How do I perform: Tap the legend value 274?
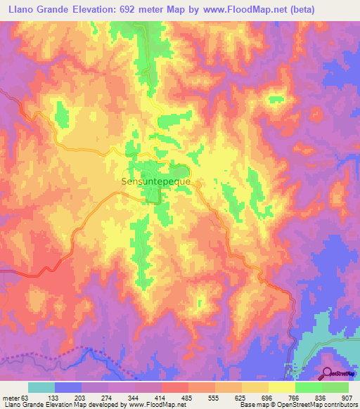pyautogui.click(x=108, y=397)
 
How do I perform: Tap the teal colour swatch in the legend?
pyautogui.click(x=41, y=387)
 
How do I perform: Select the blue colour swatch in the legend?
pyautogui.click(x=68, y=387)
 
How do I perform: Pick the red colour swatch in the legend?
pyautogui.click(x=175, y=387)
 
